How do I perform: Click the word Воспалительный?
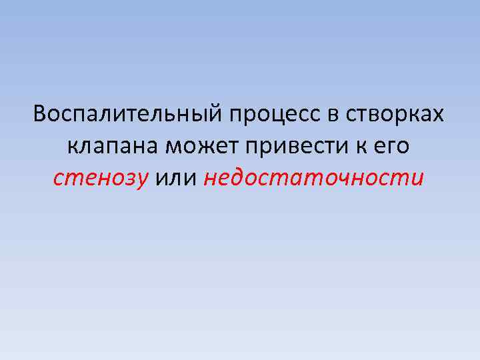pos(129,115)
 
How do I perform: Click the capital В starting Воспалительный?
pos(40,114)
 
